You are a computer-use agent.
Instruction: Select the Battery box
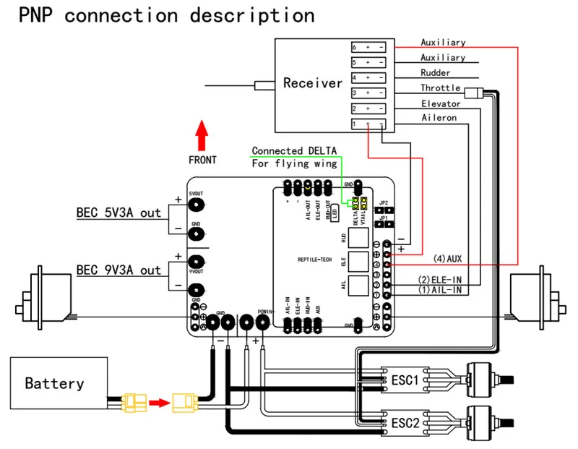tap(54, 383)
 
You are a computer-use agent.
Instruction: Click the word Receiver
tap(312, 83)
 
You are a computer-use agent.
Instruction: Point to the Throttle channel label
tap(441, 88)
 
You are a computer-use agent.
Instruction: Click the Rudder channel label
tap(436, 73)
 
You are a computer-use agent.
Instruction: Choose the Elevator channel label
tap(441, 103)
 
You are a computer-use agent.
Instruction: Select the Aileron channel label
tap(439, 118)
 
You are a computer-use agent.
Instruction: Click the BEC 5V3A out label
tap(118, 213)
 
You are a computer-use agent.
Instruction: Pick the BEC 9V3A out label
tap(118, 270)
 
